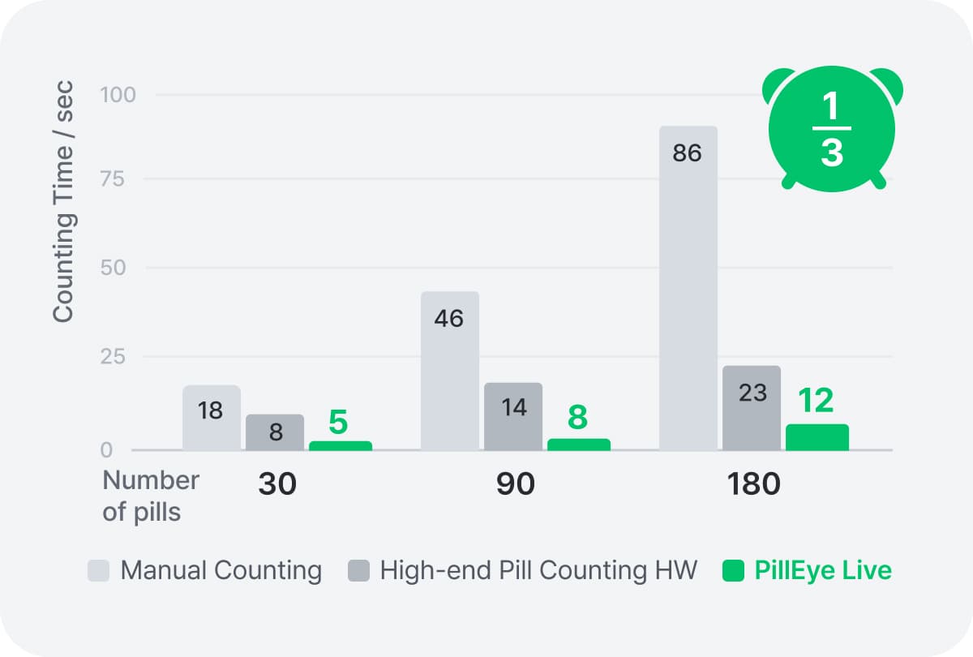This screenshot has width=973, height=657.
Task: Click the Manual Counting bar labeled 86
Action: tap(688, 288)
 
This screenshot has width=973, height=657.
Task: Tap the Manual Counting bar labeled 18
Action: tap(211, 418)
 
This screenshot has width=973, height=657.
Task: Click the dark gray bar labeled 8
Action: tap(275, 432)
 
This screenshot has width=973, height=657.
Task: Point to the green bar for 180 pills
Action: tap(817, 437)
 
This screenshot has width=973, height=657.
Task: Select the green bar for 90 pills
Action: tap(579, 444)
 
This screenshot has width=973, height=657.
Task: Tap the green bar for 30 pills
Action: tap(340, 446)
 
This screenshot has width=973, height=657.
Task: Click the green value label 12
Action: tap(817, 401)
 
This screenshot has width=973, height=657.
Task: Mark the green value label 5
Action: tap(339, 422)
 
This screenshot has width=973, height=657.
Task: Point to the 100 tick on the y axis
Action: tap(118, 95)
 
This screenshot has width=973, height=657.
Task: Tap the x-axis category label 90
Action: tap(516, 484)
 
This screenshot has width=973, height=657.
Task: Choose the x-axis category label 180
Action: tap(753, 484)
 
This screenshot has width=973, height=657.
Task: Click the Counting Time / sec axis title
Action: tap(63, 201)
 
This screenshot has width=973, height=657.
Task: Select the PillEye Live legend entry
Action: tap(807, 570)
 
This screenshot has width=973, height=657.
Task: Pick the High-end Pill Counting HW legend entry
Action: tap(523, 570)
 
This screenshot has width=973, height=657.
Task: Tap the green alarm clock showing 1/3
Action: tap(832, 130)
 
